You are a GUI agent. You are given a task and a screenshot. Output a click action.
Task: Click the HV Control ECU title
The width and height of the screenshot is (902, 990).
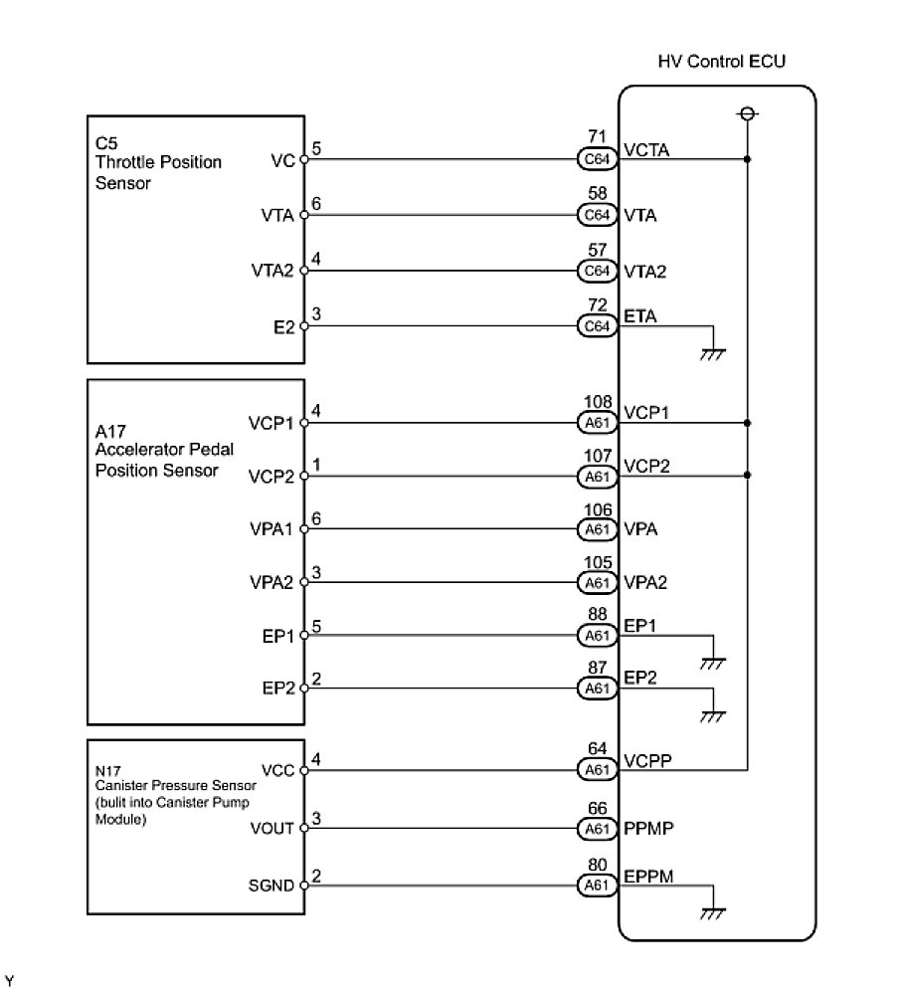722,62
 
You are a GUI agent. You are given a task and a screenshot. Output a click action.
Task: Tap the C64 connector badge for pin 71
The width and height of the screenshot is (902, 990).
597,158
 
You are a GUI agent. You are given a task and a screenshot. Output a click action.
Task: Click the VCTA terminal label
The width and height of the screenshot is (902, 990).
646,152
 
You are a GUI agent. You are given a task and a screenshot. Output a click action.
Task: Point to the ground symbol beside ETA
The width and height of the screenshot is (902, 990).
712,353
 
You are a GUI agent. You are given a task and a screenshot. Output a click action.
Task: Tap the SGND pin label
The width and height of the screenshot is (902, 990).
273,884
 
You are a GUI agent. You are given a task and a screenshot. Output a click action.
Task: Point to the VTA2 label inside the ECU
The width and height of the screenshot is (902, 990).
646,270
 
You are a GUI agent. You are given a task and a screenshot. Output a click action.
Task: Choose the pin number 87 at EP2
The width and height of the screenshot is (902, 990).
597,670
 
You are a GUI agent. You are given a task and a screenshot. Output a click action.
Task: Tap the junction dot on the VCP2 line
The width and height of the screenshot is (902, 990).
747,476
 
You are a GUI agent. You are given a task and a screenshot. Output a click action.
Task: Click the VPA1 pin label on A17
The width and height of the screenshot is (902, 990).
272,529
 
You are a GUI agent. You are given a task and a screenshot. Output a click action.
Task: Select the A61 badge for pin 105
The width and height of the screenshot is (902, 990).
597,583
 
